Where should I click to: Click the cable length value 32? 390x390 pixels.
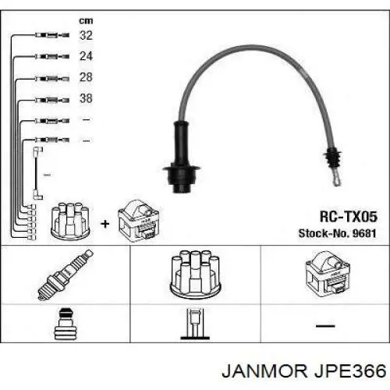tap(86, 35)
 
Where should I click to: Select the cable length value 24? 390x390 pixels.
tap(86, 56)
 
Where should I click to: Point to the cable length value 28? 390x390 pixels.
tap(86, 77)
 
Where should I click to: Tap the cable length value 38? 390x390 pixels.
tap(86, 98)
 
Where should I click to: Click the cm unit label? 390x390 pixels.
tap(86, 21)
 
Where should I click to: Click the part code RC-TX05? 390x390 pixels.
tap(348, 217)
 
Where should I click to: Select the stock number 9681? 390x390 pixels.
tap(364, 233)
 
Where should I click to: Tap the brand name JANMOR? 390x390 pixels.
tap(264, 371)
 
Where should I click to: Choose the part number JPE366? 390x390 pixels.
tap(350, 371)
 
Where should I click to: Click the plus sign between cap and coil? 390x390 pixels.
tap(105, 224)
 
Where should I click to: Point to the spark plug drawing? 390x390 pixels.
tap(66, 275)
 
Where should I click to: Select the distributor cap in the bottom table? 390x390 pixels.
tap(195, 275)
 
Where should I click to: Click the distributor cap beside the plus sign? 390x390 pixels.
tap(70, 221)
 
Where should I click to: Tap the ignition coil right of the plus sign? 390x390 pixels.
tap(138, 221)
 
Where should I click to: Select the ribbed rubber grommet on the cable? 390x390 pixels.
tap(332, 158)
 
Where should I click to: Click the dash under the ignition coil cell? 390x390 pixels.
tap(325, 326)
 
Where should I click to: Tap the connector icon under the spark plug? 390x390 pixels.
tap(65, 324)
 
